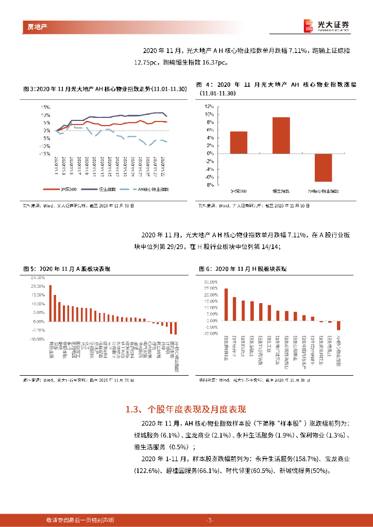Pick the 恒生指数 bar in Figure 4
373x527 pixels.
click(281, 135)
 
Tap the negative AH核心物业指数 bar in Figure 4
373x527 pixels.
click(323, 167)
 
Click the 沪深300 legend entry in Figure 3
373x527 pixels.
click(61, 189)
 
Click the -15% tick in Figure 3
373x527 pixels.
click(44, 153)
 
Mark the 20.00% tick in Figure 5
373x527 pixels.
click(38, 286)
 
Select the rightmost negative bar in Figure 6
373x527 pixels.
click(338, 326)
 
